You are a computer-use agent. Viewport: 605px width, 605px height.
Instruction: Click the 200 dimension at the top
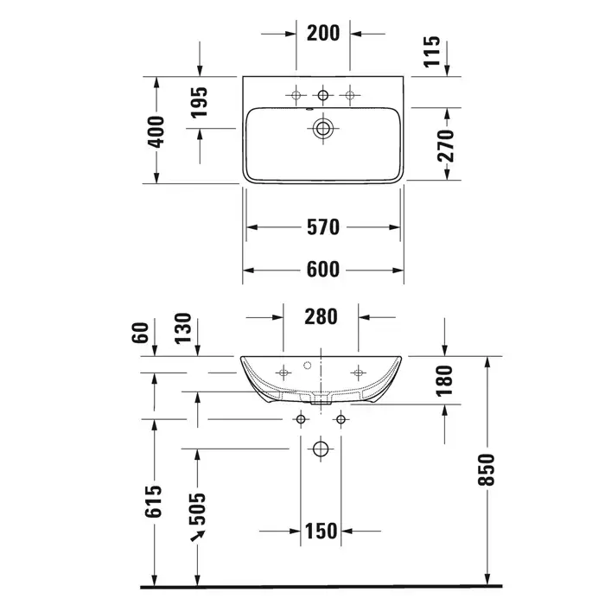pyautogui.click(x=323, y=33)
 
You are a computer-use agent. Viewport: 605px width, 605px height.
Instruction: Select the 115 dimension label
pyautogui.click(x=432, y=51)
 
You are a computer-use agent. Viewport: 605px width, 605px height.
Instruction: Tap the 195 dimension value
pyautogui.click(x=199, y=102)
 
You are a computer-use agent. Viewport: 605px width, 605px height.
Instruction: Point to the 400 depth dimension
pyautogui.click(x=156, y=131)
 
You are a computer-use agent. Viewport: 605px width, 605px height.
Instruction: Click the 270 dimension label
pyautogui.click(x=446, y=145)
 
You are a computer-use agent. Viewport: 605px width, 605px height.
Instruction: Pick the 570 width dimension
pyautogui.click(x=323, y=227)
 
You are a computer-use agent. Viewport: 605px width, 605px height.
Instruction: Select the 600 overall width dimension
pyautogui.click(x=323, y=270)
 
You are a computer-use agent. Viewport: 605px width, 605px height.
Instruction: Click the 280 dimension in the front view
pyautogui.click(x=321, y=317)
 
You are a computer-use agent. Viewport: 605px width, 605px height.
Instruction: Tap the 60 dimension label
pyautogui.click(x=140, y=332)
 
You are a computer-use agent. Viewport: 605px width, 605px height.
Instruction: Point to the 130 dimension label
pyautogui.click(x=183, y=328)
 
